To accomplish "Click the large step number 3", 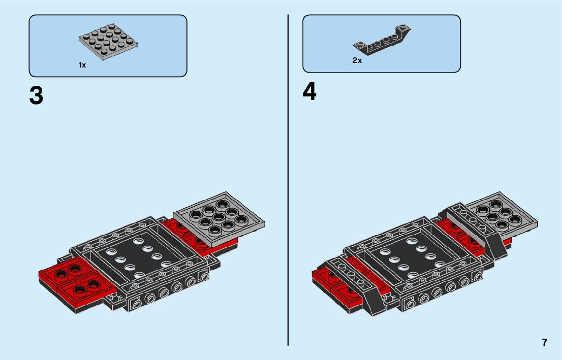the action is pyautogui.click(x=37, y=95).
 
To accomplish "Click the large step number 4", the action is pyautogui.click(x=309, y=92).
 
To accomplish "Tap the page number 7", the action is pyautogui.click(x=545, y=342).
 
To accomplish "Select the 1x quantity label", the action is pyautogui.click(x=82, y=65).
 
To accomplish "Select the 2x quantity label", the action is pyautogui.click(x=357, y=60).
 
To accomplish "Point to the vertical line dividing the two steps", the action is pyautogui.click(x=288, y=178).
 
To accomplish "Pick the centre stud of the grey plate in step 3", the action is pyautogui.click(x=220, y=217).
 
